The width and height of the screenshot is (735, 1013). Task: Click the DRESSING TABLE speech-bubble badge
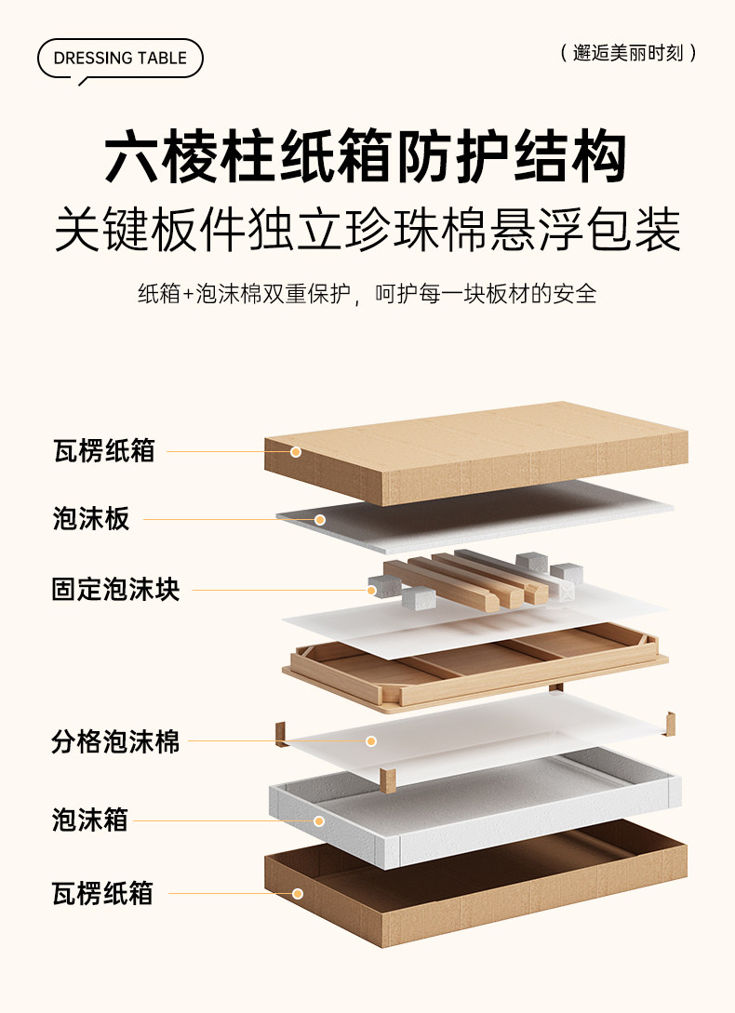[120, 59]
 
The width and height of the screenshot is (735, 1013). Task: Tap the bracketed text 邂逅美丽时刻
[629, 53]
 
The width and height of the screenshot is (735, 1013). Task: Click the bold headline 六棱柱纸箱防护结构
[365, 157]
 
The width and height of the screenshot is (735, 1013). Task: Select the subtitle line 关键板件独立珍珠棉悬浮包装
[367, 229]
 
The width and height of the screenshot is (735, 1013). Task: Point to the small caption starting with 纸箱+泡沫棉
[367, 294]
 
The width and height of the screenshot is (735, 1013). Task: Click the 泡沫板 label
[91, 519]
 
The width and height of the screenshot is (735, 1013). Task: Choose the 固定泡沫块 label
[115, 589]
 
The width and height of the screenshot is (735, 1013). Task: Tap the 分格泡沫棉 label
[115, 742]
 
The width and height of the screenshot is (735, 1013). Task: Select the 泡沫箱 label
[90, 820]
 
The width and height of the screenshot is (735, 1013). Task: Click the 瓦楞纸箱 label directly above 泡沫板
[103, 452]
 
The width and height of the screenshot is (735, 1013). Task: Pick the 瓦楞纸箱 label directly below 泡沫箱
[103, 894]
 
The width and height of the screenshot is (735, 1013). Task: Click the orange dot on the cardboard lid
[295, 452]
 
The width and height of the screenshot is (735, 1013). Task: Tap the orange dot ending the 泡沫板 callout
[319, 519]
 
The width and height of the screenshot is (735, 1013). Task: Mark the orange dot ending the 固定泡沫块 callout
[371, 590]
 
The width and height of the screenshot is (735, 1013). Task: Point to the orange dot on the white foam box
[319, 821]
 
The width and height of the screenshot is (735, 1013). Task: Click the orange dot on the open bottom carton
[298, 894]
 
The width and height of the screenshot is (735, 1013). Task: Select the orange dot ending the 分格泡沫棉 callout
[370, 741]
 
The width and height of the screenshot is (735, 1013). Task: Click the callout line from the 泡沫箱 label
[223, 821]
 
